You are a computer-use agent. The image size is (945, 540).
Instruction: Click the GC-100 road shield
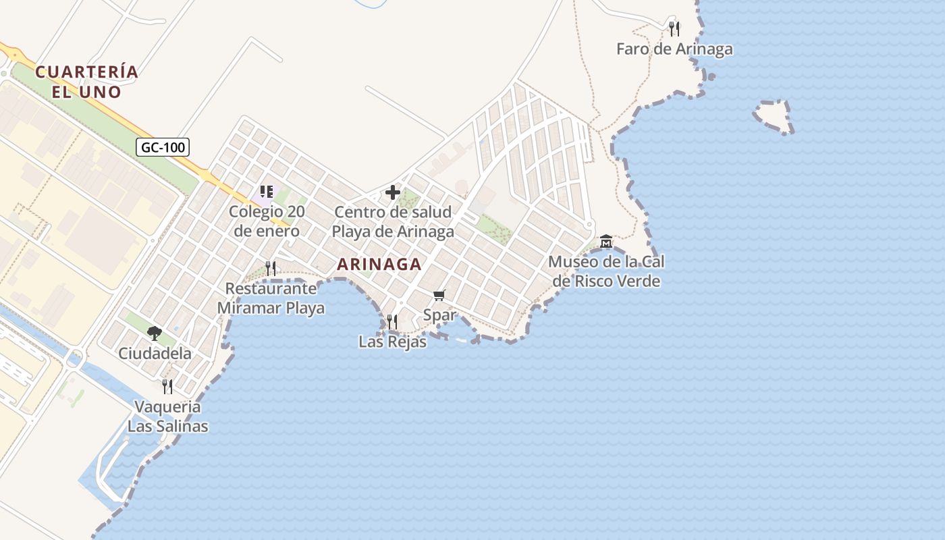click(x=163, y=147)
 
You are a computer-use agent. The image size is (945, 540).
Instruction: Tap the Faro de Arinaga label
click(x=674, y=49)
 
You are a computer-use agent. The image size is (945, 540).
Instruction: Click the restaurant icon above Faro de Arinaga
click(x=674, y=28)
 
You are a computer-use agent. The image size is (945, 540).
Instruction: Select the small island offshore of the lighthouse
click(x=772, y=117)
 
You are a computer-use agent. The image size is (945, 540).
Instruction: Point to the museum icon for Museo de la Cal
click(x=606, y=242)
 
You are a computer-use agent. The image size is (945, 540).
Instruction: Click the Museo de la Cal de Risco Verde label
click(x=605, y=271)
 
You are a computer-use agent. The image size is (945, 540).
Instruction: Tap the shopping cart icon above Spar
click(x=439, y=295)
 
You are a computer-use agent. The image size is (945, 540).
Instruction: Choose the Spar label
click(x=439, y=315)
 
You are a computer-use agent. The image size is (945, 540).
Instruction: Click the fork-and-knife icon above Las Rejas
click(x=392, y=322)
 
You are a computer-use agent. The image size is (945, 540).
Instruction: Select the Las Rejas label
click(x=392, y=342)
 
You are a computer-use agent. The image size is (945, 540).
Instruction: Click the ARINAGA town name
click(x=379, y=264)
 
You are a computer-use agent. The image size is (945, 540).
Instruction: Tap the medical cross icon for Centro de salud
click(x=392, y=193)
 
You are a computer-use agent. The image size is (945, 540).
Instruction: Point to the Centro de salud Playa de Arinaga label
click(x=392, y=222)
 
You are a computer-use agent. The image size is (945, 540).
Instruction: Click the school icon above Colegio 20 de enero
click(x=266, y=192)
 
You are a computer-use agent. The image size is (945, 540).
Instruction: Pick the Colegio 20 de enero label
click(x=267, y=221)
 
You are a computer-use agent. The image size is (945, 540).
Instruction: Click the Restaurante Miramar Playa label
click(x=271, y=298)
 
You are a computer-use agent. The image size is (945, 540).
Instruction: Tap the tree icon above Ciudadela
click(x=155, y=333)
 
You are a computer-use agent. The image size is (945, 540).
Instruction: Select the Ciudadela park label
click(x=155, y=353)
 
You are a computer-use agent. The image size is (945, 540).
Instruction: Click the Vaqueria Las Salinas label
click(x=167, y=416)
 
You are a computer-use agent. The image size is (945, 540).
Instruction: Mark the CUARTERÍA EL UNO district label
click(x=87, y=82)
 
